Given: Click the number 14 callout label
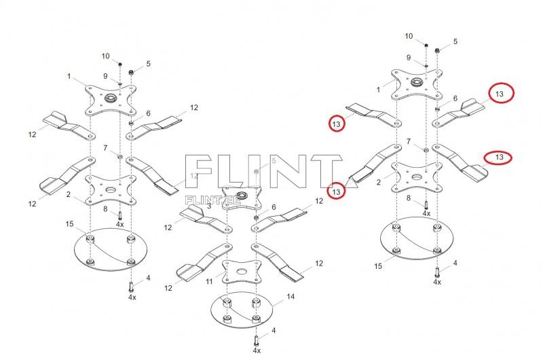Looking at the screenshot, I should [x=291, y=296].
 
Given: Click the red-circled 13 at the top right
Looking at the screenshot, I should [x=500, y=94].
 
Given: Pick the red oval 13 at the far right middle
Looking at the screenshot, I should [x=499, y=157].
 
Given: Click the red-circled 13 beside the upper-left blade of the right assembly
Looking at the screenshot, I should [x=335, y=123].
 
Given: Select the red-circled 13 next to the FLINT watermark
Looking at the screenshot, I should [x=336, y=192].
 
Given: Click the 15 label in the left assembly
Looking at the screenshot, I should [x=69, y=223].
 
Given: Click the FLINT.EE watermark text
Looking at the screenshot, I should [x=203, y=200].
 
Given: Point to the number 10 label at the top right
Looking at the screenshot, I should [x=409, y=35].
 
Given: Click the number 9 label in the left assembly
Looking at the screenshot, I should [x=106, y=75].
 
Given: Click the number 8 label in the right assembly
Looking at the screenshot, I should [x=409, y=198].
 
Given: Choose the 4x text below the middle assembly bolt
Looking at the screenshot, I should [x=257, y=350].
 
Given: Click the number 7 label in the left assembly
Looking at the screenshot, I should [x=105, y=147].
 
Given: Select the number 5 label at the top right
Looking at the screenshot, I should [x=455, y=41].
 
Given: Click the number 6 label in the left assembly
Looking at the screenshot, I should [x=148, y=113].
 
